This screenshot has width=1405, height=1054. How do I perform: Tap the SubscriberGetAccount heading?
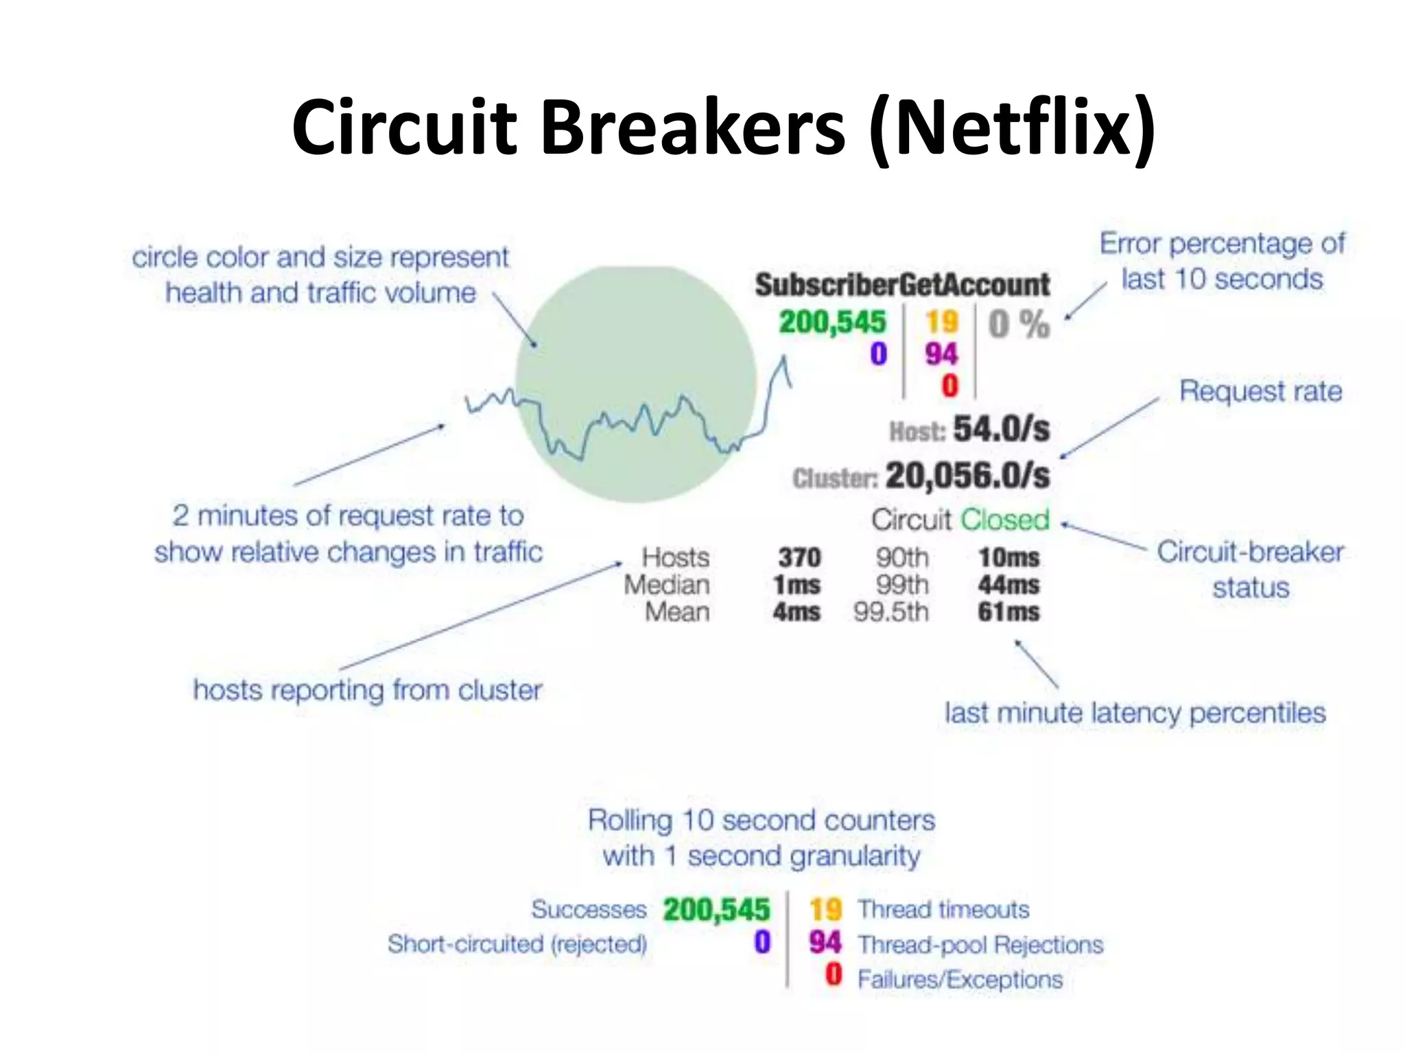click(902, 285)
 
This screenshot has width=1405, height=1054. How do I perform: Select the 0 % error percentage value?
click(1019, 324)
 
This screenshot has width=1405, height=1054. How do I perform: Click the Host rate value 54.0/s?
click(1001, 430)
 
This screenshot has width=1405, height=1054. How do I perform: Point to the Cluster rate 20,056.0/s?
click(967, 476)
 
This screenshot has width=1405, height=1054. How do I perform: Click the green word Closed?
click(1005, 520)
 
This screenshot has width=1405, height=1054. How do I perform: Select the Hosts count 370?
click(799, 557)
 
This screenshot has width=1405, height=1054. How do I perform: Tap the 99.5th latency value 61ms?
click(1008, 611)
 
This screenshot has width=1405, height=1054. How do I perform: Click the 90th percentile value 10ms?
click(1008, 557)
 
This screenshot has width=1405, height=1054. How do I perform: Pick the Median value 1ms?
click(796, 585)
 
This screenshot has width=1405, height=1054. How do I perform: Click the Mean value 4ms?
click(796, 611)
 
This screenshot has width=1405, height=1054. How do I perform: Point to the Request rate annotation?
click(1260, 391)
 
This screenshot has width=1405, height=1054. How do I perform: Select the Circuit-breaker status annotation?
click(1250, 570)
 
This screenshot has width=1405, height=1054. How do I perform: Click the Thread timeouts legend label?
click(943, 910)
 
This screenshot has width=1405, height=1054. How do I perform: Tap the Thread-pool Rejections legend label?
click(980, 945)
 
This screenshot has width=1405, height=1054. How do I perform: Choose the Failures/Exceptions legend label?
click(960, 979)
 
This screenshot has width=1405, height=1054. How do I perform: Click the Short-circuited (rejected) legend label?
click(517, 944)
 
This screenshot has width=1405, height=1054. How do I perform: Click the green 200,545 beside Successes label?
click(716, 910)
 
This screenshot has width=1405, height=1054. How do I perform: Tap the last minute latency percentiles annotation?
click(1135, 713)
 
